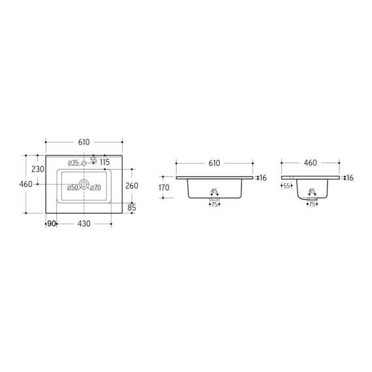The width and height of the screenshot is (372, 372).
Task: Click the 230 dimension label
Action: coord(38,169)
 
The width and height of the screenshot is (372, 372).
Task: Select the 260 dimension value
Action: coord(132,185)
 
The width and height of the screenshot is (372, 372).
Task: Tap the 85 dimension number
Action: coord(132,208)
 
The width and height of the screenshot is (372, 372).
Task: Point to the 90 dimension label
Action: coord(52,223)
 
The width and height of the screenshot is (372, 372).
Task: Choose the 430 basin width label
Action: coord(84,223)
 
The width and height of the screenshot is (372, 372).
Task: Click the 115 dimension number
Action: coord(104,163)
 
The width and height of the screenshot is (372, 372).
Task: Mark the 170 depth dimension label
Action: coord(164,188)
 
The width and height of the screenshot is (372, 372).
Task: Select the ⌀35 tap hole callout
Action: coord(73,163)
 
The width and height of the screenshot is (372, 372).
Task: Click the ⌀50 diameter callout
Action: coord(72,187)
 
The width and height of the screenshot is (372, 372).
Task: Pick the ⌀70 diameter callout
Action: coord(95,187)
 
